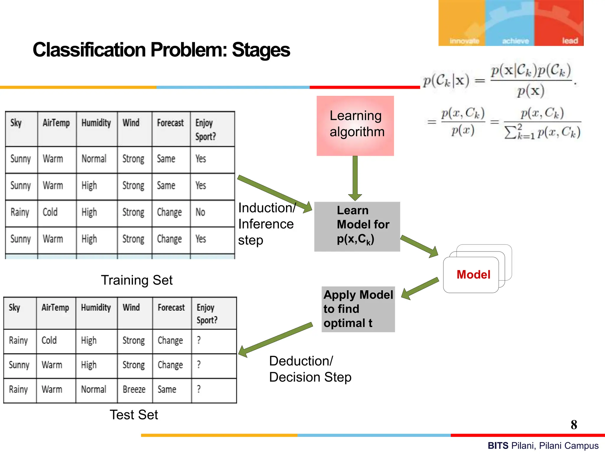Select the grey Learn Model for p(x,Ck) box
(357, 226)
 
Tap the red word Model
(473, 275)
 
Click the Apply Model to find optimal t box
(358, 309)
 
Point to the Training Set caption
(136, 280)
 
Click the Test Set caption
(134, 414)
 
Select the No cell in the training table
(200, 212)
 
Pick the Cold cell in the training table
(50, 212)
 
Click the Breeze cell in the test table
(134, 389)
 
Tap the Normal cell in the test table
(93, 389)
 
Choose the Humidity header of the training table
(96, 123)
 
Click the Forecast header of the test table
(171, 308)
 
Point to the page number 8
(574, 425)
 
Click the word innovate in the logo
(464, 41)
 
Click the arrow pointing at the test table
(275, 339)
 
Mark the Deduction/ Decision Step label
(310, 369)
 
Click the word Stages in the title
(261, 50)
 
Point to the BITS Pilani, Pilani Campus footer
(543, 445)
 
